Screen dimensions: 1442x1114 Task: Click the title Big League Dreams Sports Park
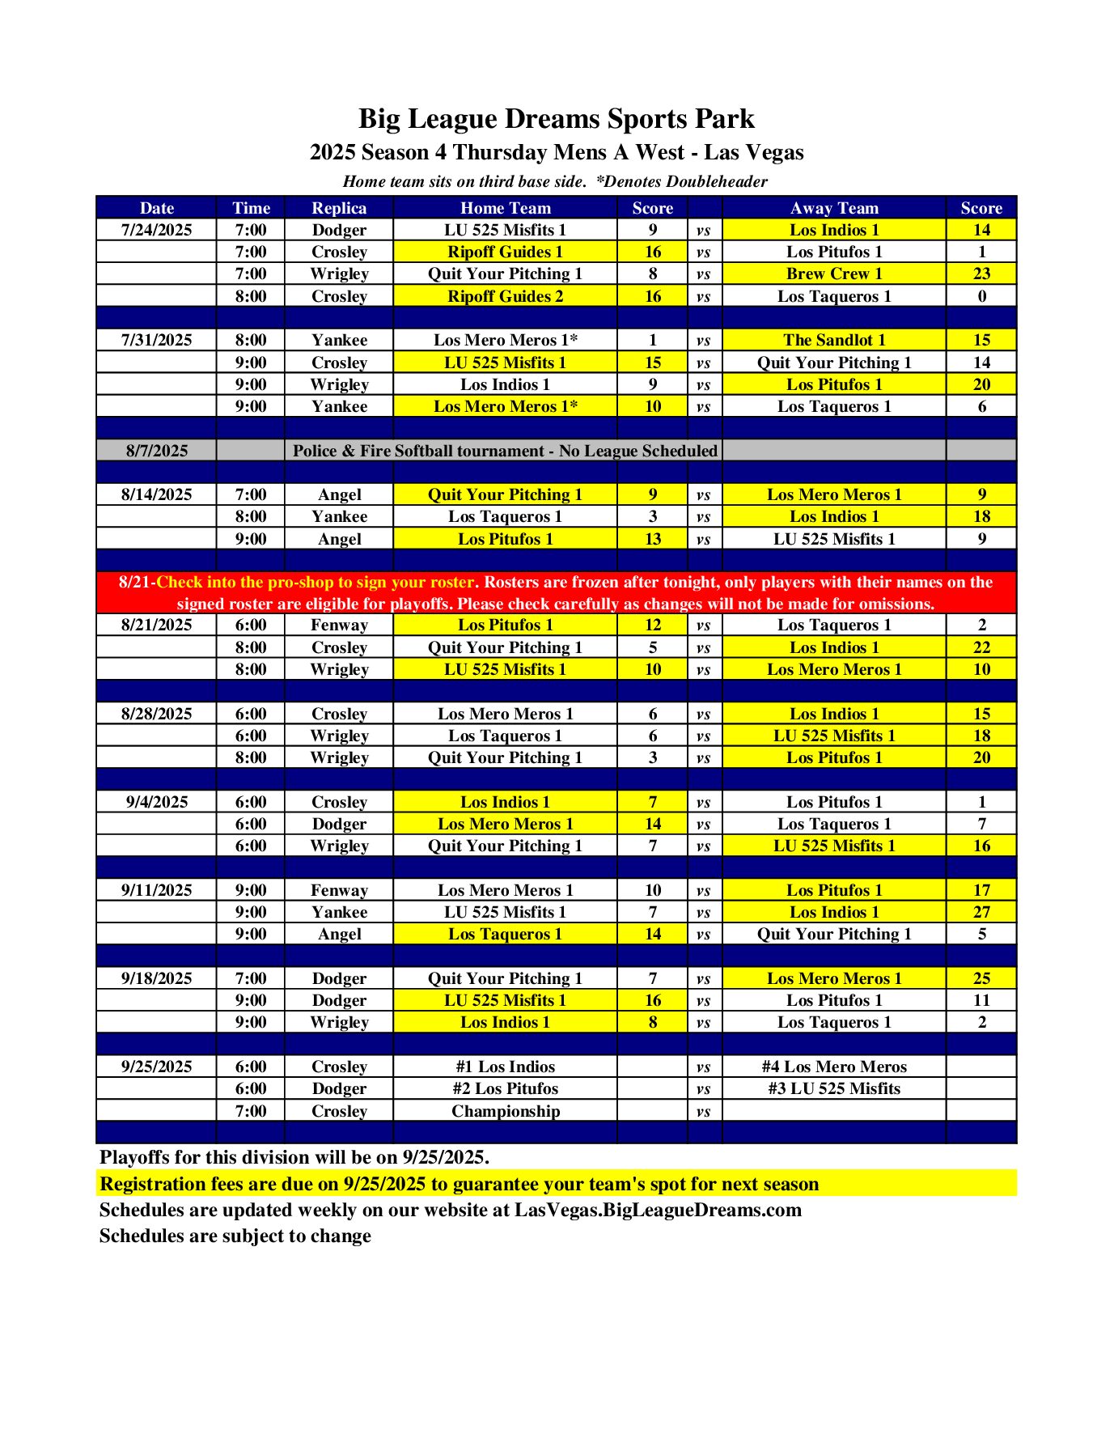pos(557,119)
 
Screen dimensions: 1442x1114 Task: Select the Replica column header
pos(339,208)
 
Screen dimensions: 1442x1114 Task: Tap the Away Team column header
pos(834,208)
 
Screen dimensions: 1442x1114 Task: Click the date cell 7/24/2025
pos(157,230)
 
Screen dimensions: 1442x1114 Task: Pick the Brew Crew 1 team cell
pos(834,274)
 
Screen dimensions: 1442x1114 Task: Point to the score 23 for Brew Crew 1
pos(981,274)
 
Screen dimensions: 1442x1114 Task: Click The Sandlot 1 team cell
pos(834,340)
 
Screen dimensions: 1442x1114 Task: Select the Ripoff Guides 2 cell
pos(505,296)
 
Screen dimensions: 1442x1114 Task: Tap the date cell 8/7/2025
pos(157,451)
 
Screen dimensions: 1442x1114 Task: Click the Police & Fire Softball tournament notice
pos(505,451)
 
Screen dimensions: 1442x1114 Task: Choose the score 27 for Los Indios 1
pos(981,912)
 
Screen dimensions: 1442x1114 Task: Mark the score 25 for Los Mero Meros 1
pos(981,978)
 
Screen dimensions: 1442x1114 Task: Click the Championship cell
pos(505,1111)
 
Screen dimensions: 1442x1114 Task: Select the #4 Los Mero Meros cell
pos(834,1067)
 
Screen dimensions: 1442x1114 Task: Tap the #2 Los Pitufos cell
pos(505,1088)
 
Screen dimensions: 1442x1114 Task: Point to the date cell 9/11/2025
pos(157,890)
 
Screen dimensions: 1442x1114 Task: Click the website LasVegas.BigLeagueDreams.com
pos(658,1210)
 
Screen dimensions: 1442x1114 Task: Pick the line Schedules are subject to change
pos(235,1236)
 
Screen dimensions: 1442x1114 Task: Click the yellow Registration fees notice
pos(459,1184)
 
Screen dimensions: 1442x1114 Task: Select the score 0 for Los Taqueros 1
pos(981,296)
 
